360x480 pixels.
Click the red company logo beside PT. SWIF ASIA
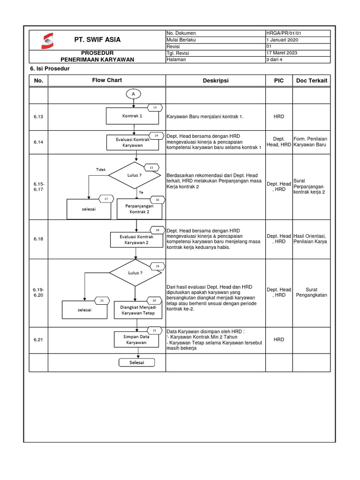click(x=48, y=40)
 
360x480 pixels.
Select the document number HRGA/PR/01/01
click(x=287, y=33)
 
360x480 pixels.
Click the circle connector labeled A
click(x=134, y=94)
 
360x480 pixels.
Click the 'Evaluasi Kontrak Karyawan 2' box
click(x=136, y=240)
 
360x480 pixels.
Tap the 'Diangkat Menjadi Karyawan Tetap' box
click(x=138, y=310)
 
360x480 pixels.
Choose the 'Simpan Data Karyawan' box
click(x=136, y=339)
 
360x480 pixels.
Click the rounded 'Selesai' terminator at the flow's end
click(x=136, y=363)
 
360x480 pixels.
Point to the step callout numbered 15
click(x=151, y=167)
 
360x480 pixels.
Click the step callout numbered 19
click(x=157, y=266)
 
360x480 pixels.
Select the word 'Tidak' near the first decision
click(x=101, y=169)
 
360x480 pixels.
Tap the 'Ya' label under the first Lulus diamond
click(x=141, y=192)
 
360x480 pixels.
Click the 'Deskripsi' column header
click(x=216, y=81)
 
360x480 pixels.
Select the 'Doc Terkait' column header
click(x=312, y=81)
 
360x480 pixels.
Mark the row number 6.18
click(x=38, y=239)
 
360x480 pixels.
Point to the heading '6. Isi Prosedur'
click(x=47, y=69)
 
